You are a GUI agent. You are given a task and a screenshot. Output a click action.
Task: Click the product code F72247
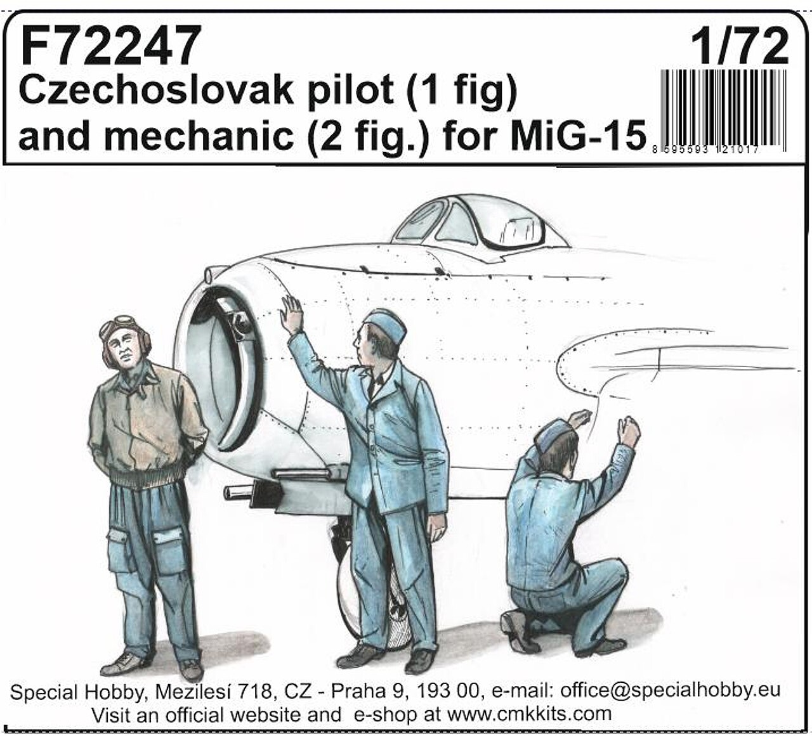(x=111, y=45)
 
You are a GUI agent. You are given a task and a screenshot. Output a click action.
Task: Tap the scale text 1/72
(x=740, y=46)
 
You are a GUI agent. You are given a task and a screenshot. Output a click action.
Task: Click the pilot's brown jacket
(x=146, y=425)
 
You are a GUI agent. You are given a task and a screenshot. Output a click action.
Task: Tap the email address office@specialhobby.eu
(x=670, y=690)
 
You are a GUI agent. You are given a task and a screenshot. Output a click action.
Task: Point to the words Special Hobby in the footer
(x=77, y=692)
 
